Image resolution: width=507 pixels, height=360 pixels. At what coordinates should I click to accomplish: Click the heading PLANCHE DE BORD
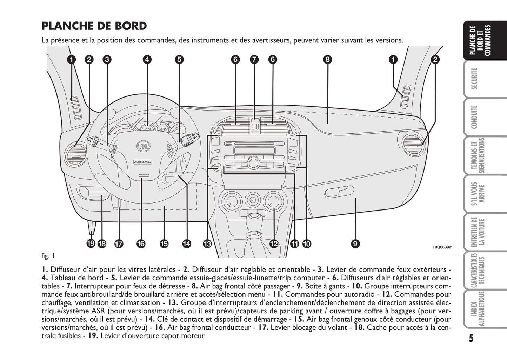coord(94,26)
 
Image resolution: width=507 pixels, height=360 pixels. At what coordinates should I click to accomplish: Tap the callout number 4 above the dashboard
coord(147,59)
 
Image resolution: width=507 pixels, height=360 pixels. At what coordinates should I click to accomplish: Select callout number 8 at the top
coord(327,59)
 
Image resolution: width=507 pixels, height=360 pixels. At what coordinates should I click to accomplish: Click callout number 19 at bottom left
coord(91,243)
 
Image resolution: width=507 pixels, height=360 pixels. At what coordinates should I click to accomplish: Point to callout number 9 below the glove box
coord(355,243)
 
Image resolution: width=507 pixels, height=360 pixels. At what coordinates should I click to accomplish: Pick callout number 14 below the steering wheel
coord(187,243)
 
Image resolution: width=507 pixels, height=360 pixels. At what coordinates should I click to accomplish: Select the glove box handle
coord(339,192)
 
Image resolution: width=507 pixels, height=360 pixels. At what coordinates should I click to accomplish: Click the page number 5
coord(471,338)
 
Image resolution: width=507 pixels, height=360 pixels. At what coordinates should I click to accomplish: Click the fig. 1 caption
coord(48,256)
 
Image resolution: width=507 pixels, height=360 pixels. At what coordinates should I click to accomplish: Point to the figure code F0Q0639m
coord(442,247)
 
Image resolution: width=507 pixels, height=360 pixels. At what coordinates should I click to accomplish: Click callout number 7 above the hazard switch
coord(254,59)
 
